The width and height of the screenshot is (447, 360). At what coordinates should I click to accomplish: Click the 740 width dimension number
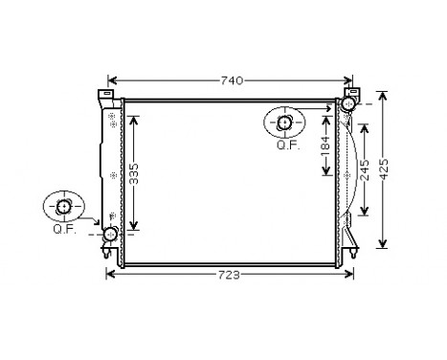click(231, 80)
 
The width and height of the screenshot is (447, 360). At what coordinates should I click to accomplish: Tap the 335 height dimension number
click(135, 171)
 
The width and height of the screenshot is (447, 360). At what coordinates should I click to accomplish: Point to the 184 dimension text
click(325, 146)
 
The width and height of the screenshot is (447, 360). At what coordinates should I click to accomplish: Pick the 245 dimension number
click(365, 170)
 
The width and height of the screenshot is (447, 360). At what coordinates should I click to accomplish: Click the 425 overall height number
click(384, 169)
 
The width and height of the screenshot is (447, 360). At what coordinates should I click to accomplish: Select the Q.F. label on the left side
click(63, 230)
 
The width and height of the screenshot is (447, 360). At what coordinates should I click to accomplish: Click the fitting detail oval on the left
click(63, 207)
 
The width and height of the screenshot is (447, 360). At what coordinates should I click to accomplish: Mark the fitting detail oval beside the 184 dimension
click(285, 123)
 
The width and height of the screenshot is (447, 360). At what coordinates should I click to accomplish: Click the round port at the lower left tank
click(110, 234)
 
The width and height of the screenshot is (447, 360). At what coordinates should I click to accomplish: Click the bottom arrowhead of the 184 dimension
click(325, 174)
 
